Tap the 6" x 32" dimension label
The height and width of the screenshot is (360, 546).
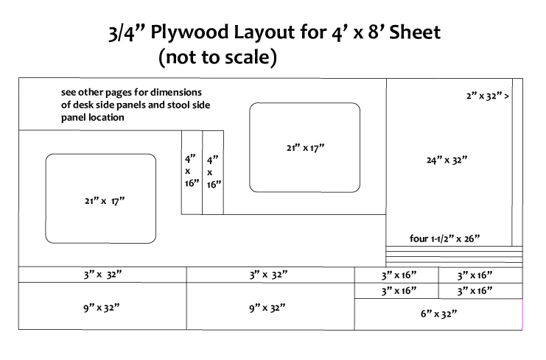(x=438, y=314)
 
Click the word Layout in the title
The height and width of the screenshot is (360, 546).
(x=259, y=34)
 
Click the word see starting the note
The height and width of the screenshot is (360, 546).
(x=69, y=93)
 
